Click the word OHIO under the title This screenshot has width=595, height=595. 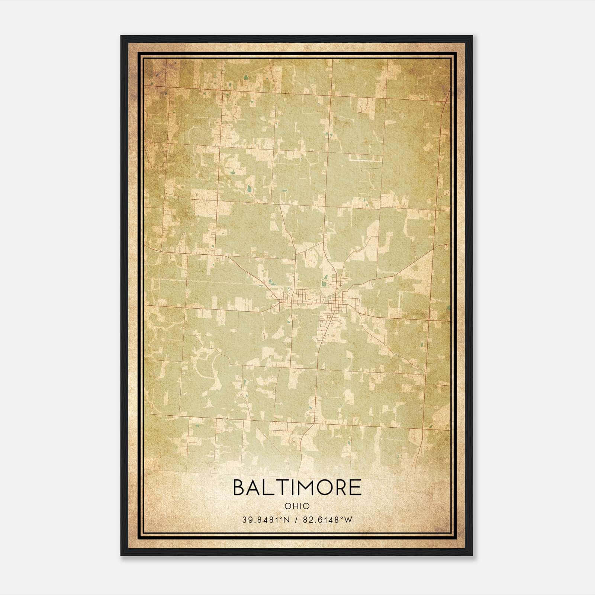(297, 506)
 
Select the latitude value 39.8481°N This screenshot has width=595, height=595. (266, 520)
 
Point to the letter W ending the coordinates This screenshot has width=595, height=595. (348, 520)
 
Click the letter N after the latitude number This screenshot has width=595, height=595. (286, 520)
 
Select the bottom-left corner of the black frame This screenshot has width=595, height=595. (121, 555)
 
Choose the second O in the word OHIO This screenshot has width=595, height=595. (307, 506)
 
